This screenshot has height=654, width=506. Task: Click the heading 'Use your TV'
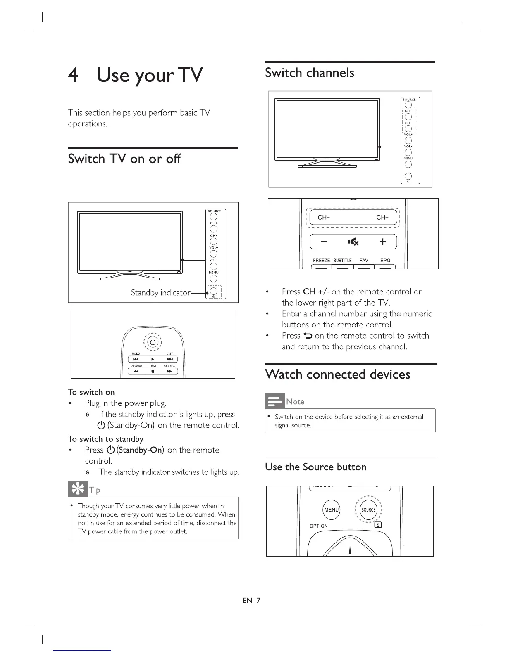pos(149,76)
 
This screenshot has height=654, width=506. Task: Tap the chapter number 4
pos(73,75)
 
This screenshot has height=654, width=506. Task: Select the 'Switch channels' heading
pos(309,73)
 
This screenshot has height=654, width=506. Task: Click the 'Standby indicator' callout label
pos(160,293)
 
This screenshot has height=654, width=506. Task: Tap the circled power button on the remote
pos(153,342)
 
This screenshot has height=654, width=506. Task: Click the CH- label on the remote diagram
pos(323,217)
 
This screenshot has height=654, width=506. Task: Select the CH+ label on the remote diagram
pos(382,217)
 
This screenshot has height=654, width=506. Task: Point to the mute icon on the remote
pos(353,242)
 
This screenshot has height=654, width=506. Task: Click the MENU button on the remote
pos(332,510)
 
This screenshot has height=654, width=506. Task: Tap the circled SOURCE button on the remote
pos(368,510)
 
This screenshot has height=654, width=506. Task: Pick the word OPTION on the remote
pos(319,526)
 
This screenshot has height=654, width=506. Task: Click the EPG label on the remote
pos(385,261)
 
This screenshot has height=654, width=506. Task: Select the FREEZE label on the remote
pos(321,261)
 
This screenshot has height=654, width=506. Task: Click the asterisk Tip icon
pos(77,489)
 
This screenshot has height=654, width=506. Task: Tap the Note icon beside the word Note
pos(274,401)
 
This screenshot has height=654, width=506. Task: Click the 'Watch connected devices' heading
pos(338,374)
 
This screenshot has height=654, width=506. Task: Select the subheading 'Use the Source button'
pos(316,467)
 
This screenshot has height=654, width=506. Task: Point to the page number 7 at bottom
pos(258,600)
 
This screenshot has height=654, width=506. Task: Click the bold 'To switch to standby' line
pos(105,439)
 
